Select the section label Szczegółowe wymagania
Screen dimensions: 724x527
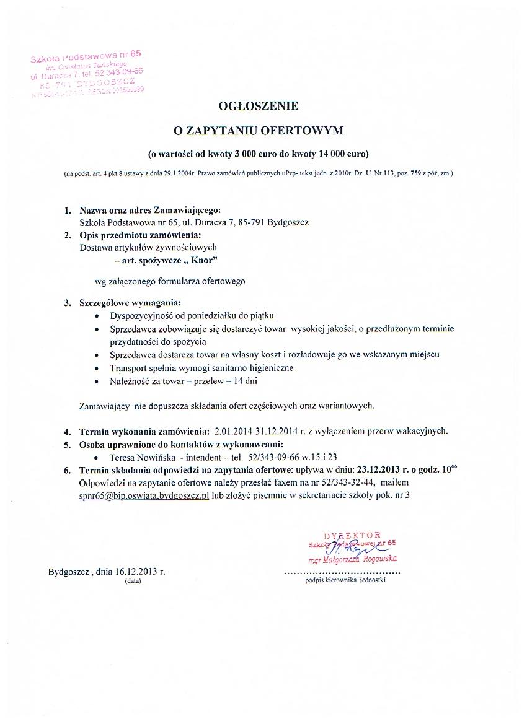[130, 303]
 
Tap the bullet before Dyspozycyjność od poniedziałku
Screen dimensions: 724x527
[97, 316]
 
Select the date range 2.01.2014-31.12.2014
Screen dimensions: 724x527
[263, 430]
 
